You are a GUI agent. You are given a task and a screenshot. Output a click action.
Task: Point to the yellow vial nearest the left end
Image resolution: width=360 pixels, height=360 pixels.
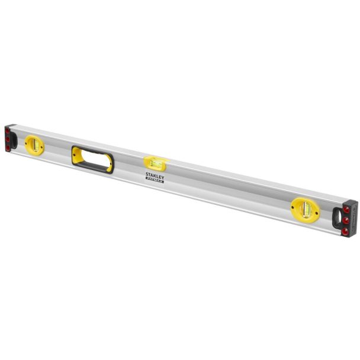tap(35, 144)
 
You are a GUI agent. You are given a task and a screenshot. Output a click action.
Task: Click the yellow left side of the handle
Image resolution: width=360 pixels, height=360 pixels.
tap(77, 155)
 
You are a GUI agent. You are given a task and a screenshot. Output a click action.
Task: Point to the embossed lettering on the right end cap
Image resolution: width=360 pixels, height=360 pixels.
tap(353, 220)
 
